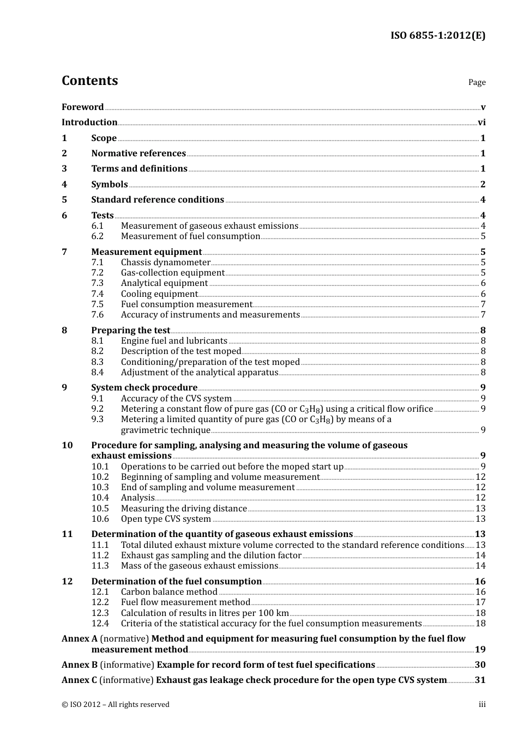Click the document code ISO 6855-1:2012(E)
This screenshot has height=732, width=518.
437,36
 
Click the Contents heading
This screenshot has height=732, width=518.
89,81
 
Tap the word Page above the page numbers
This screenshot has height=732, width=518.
477,82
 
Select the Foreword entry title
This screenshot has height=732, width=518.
82,107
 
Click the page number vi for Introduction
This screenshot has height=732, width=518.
481,123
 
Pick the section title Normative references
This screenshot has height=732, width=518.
138,154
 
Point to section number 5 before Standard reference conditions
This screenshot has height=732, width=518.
64,200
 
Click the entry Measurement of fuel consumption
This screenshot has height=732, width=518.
190,236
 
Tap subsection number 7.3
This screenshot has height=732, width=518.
97,283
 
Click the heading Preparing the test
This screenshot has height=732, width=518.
131,331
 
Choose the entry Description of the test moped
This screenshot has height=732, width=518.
181,351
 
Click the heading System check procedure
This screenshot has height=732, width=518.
144,388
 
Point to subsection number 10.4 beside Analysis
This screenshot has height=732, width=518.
100,498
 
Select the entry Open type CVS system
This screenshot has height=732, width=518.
166,519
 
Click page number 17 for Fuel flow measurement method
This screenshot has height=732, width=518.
480,602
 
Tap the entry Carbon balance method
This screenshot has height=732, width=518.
169,592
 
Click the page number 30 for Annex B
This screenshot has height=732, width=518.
480,665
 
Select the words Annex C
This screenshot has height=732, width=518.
80,680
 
